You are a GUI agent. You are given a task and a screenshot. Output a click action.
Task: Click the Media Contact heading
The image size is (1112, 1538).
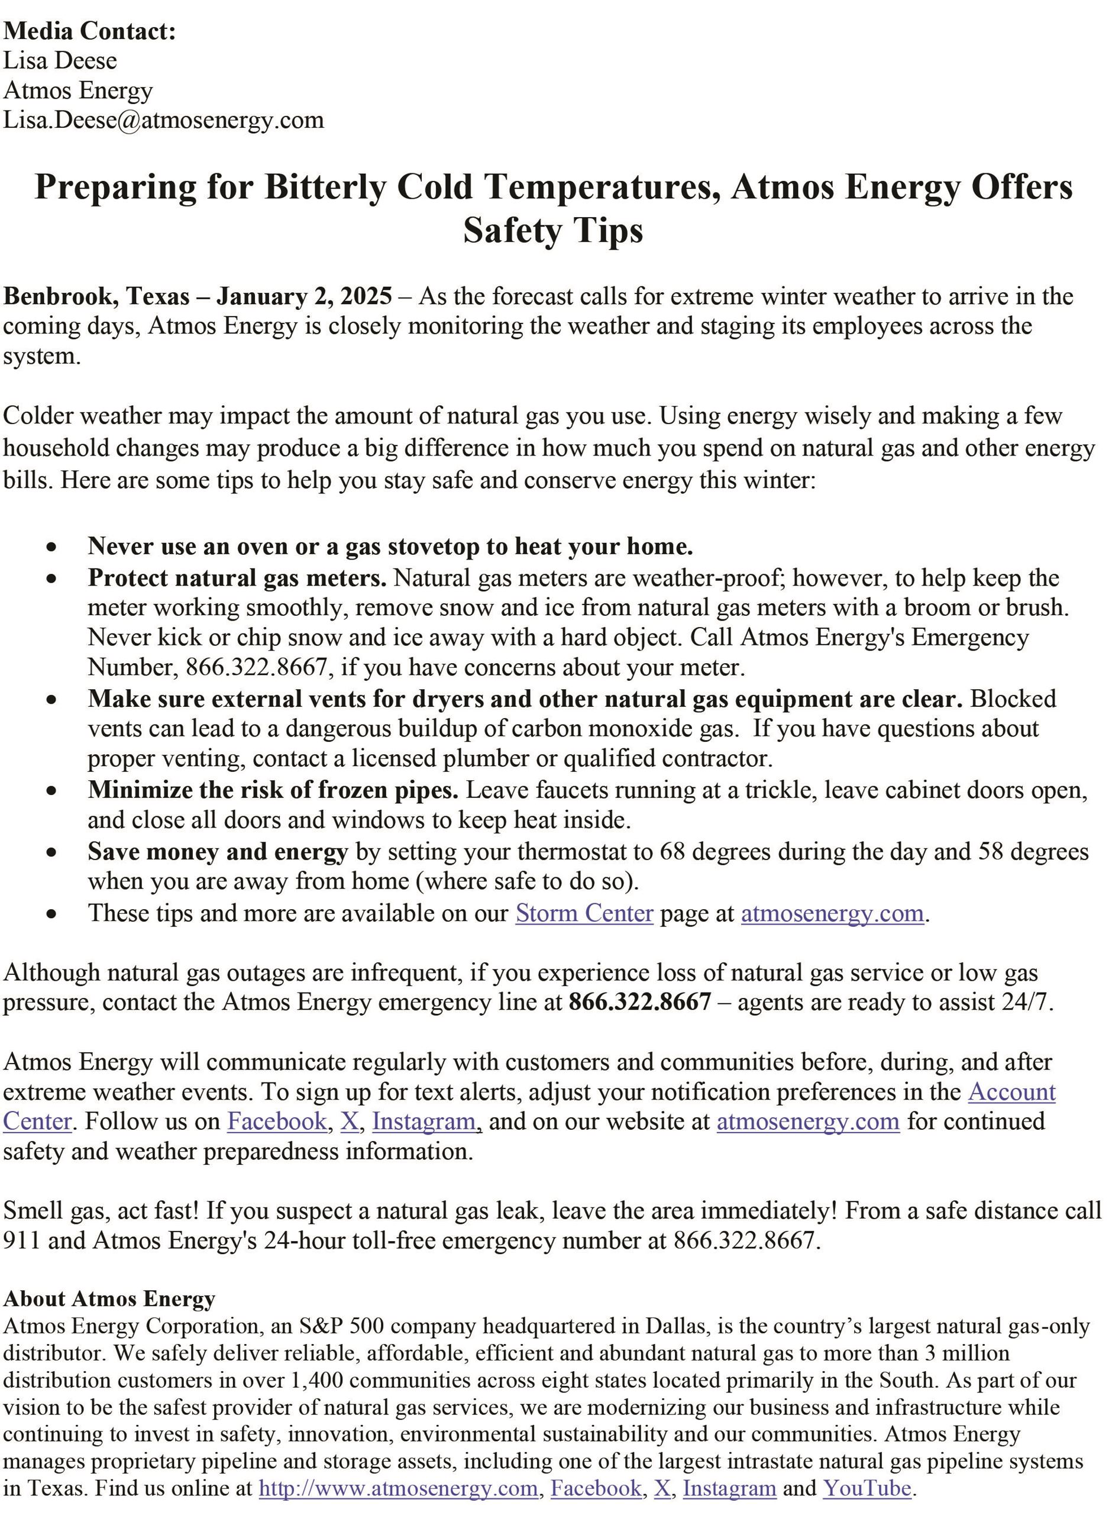(x=89, y=31)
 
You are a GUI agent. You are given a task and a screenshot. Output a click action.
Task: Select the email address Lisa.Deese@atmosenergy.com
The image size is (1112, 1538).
(x=163, y=120)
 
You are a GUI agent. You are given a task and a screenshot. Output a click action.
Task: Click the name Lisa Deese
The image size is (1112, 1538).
(x=60, y=61)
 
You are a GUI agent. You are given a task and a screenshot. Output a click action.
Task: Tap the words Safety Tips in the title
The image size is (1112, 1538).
(x=552, y=231)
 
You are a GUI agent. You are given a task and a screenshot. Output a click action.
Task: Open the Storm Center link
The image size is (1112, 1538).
(x=584, y=913)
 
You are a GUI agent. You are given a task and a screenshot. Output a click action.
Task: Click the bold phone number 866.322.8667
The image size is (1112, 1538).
(x=639, y=1002)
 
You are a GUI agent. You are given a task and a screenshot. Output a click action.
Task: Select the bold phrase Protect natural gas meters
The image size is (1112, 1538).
(x=237, y=578)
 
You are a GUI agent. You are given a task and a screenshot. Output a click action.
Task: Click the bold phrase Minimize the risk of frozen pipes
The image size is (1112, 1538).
(x=273, y=790)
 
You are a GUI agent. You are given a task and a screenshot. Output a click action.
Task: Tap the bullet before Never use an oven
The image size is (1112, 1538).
(x=52, y=547)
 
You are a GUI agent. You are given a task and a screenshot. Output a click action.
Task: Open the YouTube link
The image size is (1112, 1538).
(x=867, y=1488)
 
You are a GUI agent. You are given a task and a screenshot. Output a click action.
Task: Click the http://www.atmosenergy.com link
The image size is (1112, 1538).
(x=398, y=1488)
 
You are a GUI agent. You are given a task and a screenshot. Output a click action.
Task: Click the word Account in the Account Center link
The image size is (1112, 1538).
(x=1011, y=1092)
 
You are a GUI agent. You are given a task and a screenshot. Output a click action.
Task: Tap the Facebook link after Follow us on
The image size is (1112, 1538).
(x=277, y=1122)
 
